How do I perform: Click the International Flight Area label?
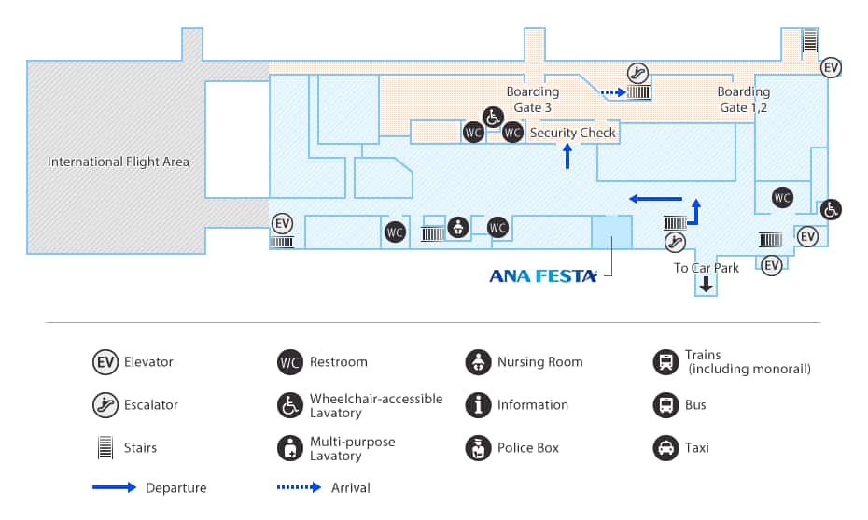point(119,162)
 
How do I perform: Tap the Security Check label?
point(573,133)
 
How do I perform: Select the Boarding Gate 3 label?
point(533,99)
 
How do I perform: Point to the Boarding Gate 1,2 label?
point(744,99)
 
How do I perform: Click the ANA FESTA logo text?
point(543,275)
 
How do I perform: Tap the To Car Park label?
point(707,268)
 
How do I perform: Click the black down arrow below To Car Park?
point(707,286)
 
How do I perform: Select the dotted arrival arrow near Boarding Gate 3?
point(612,92)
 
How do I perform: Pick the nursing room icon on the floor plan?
point(457,227)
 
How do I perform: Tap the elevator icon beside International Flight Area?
point(283,224)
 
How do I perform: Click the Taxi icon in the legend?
point(665,448)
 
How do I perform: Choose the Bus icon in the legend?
point(665,405)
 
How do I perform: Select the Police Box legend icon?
point(478,448)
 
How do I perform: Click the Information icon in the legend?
point(478,405)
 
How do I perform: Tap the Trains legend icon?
point(665,362)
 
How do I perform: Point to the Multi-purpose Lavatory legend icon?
point(290,448)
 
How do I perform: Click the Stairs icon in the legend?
point(105,448)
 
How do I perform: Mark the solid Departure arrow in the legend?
point(114,487)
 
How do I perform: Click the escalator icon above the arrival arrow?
point(638,71)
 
